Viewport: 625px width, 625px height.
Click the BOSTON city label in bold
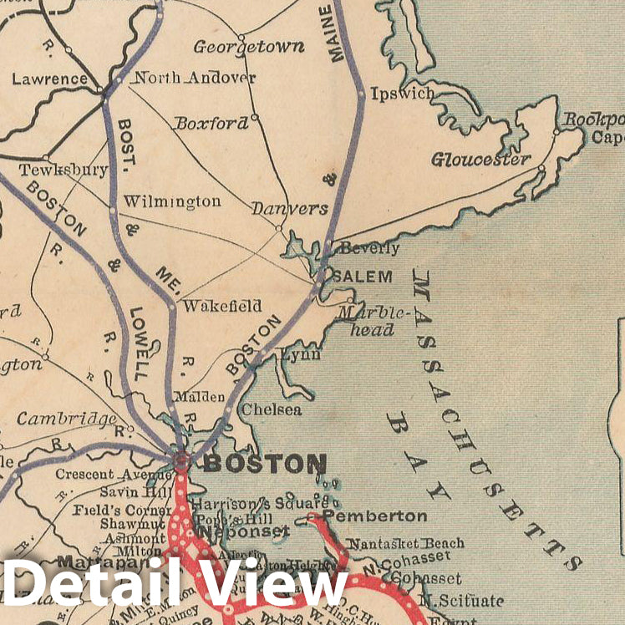tap(265, 464)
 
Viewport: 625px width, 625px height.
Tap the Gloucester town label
tap(481, 159)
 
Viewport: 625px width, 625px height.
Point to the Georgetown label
tap(249, 47)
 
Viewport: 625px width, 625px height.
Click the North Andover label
tap(195, 79)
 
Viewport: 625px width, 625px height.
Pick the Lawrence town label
tap(49, 79)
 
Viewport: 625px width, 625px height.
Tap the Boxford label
tap(211, 123)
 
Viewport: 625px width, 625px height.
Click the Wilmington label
tap(171, 201)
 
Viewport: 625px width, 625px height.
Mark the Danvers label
tap(290, 208)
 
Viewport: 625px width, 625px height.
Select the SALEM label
tap(363, 276)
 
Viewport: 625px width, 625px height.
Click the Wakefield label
tap(221, 306)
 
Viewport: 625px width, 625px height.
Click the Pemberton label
tap(374, 516)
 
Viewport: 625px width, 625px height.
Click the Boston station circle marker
tap(182, 459)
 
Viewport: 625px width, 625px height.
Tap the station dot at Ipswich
tap(361, 95)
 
